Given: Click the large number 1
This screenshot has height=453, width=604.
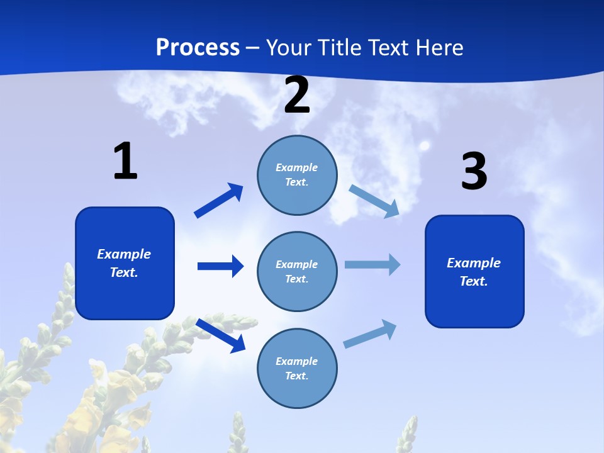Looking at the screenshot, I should (x=125, y=161).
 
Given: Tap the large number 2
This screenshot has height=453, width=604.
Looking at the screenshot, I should (x=297, y=95).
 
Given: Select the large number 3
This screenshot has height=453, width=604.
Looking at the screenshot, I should (x=474, y=172).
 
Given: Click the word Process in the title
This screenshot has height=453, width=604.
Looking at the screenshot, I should (x=198, y=47).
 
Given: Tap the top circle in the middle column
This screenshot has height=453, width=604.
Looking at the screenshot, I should (x=297, y=175).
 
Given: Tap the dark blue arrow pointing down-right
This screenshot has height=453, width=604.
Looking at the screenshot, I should (x=221, y=335).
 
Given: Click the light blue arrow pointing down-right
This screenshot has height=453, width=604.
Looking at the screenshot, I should (x=374, y=201).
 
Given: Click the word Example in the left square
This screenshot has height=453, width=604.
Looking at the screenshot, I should (x=124, y=254).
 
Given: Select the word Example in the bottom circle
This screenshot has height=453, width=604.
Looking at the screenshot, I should (x=297, y=361).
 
